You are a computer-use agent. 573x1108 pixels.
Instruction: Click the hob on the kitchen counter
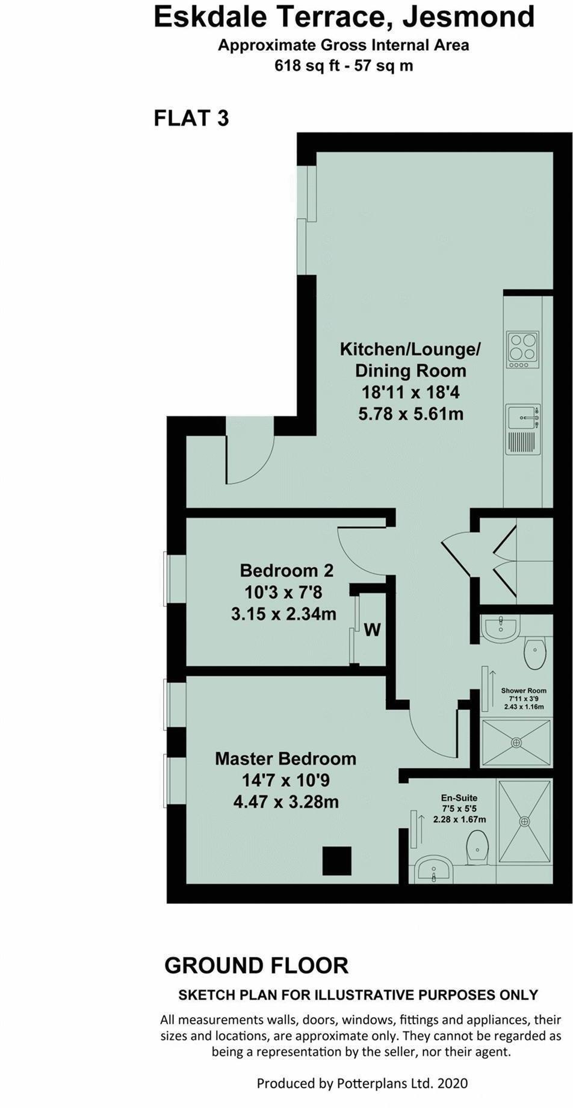[x=522, y=350]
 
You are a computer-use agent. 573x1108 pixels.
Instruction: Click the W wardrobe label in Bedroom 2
[x=373, y=630]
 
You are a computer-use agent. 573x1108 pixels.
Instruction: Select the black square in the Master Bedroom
[x=337, y=861]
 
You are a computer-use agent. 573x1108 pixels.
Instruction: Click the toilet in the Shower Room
[x=534, y=653]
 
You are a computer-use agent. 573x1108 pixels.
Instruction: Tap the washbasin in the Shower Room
[x=500, y=627]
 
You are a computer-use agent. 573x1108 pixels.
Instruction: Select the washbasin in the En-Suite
[x=432, y=870]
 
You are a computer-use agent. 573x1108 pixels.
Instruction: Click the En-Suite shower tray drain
[x=524, y=821]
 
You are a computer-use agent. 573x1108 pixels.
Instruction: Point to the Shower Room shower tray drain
[x=516, y=743]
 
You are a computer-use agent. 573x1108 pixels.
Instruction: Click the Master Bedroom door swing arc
[x=430, y=732]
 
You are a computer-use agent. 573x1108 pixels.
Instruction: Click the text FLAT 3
[x=191, y=118]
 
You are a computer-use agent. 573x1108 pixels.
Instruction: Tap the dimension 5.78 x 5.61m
[x=410, y=414]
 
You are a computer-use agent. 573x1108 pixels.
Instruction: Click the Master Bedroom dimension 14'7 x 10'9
[x=285, y=780]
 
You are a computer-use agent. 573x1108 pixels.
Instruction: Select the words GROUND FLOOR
[x=256, y=965]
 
